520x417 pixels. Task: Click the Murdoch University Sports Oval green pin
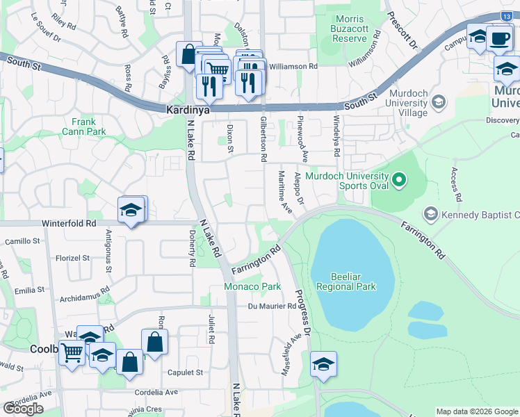click(398, 181)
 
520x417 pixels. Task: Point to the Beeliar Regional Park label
click(346, 281)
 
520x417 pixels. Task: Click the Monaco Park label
click(252, 286)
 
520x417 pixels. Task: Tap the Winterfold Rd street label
click(69, 223)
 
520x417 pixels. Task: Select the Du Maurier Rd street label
click(272, 306)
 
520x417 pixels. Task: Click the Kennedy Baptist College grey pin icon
click(431, 214)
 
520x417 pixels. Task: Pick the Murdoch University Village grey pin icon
click(438, 103)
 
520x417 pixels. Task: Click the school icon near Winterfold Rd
click(130, 209)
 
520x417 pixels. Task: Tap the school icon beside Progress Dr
click(323, 363)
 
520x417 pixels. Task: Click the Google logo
click(23, 409)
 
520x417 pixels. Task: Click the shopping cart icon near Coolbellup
click(72, 353)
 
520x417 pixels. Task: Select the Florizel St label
click(74, 257)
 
